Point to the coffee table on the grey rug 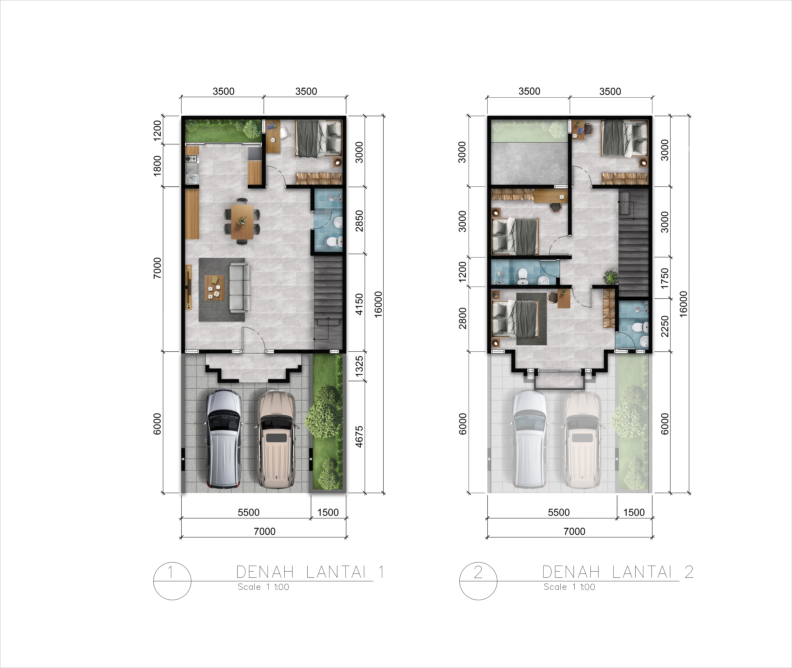(214, 288)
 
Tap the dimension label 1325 (359, 366)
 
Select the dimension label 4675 (359, 437)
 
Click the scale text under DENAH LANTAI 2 (569, 587)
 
